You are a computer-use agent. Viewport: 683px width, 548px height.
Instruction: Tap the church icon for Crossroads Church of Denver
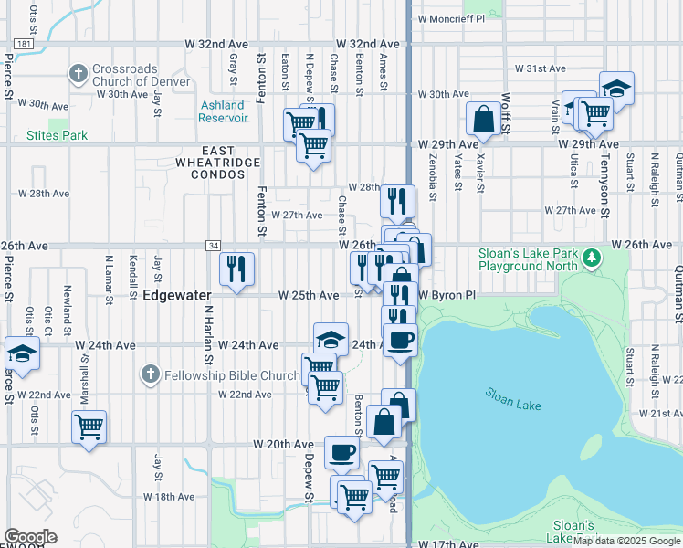coord(79,72)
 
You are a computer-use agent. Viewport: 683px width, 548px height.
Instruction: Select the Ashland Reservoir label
coord(224,111)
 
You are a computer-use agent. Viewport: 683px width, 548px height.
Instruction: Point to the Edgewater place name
coord(177,295)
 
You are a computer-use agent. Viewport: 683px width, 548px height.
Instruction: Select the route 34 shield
coord(213,245)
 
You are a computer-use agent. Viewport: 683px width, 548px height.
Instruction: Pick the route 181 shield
coord(25,43)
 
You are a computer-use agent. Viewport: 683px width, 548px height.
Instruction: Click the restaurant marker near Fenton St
coord(236,269)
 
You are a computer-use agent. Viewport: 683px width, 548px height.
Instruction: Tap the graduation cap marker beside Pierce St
coord(22,353)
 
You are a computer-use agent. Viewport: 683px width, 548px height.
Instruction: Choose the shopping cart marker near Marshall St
coord(89,426)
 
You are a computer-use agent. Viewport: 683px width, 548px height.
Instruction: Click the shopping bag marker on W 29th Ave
coord(483,118)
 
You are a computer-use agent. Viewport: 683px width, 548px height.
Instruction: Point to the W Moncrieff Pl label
coord(450,18)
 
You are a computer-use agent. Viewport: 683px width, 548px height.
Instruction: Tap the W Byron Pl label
coord(447,295)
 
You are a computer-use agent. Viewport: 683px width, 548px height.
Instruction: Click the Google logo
coord(29,537)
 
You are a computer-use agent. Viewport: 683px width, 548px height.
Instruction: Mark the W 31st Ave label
coord(541,68)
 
